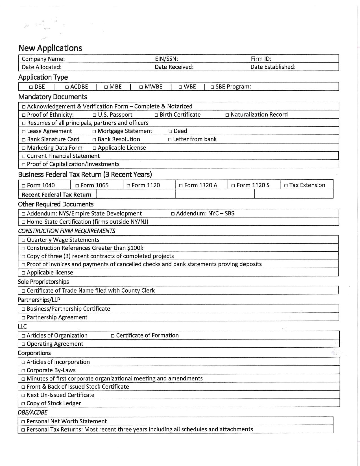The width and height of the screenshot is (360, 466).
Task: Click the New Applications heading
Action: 50,48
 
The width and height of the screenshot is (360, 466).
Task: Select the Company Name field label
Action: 43,59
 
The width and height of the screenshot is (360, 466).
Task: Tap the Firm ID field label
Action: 261,59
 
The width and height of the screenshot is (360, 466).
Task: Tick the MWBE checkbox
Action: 141,87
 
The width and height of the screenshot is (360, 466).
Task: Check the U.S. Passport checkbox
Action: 95,115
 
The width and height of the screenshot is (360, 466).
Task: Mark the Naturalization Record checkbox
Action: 227,115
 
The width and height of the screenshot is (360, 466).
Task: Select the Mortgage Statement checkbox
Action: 95,131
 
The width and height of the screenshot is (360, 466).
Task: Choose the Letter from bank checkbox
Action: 170,140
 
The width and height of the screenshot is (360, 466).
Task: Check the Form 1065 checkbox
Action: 77,186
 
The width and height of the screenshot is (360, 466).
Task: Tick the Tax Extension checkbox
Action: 286,186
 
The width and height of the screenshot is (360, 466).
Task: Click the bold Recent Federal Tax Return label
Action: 56,195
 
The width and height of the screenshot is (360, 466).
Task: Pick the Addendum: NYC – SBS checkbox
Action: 173,214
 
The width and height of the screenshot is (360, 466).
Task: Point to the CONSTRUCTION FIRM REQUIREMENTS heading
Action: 67,231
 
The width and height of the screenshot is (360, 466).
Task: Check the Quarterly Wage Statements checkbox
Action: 23,240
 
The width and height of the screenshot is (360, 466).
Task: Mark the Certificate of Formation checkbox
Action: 113,336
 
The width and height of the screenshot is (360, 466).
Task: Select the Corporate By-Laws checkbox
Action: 23,371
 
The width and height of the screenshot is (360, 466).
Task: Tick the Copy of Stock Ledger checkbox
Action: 23,404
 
